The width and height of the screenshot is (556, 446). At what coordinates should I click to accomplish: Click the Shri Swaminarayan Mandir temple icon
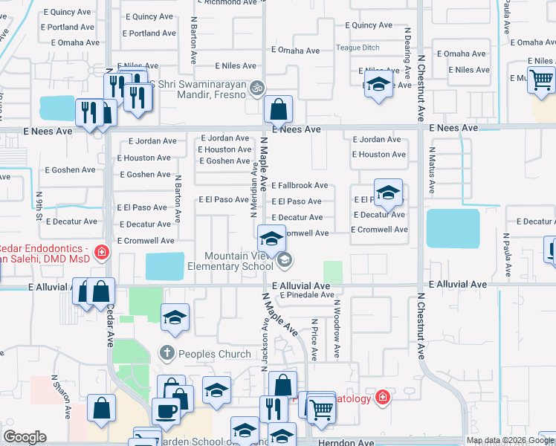click(x=257, y=88)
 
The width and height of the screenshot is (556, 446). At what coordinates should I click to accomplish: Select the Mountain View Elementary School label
click(x=230, y=260)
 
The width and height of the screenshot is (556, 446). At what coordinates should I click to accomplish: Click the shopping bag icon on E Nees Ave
click(x=278, y=111)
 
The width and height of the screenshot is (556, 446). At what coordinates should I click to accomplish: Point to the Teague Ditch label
click(x=358, y=48)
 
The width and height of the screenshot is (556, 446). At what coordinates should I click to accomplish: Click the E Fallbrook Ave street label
click(x=300, y=185)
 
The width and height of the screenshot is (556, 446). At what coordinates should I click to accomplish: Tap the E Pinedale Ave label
click(x=307, y=295)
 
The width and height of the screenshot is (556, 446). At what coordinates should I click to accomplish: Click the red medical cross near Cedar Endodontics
click(x=102, y=253)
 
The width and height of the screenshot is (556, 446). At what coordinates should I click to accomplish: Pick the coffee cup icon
click(x=165, y=411)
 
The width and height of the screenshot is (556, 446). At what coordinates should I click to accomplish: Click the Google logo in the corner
click(x=25, y=437)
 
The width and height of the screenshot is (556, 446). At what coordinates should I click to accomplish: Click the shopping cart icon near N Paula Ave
click(x=542, y=79)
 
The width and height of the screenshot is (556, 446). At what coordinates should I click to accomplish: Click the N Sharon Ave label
click(x=59, y=400)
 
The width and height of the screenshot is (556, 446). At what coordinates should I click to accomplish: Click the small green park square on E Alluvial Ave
click(x=333, y=271)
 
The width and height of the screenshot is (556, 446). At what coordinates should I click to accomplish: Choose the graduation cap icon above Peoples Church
click(x=175, y=318)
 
